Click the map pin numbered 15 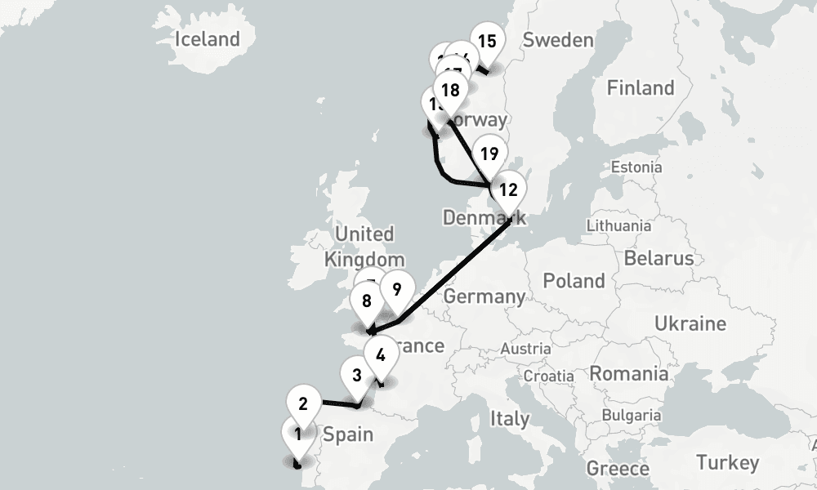pyautogui.click(x=487, y=42)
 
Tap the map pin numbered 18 pyautogui.click(x=449, y=90)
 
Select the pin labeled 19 pyautogui.click(x=489, y=154)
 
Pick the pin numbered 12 pyautogui.click(x=507, y=191)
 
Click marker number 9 pyautogui.click(x=396, y=290)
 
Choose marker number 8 pyautogui.click(x=367, y=301)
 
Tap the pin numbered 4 pyautogui.click(x=380, y=354)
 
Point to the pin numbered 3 pyautogui.click(x=357, y=376)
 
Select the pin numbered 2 pyautogui.click(x=303, y=403)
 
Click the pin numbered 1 pyautogui.click(x=298, y=434)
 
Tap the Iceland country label pyautogui.click(x=208, y=38)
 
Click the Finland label pyautogui.click(x=641, y=87)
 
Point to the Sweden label pyautogui.click(x=557, y=40)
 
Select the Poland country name pyautogui.click(x=574, y=281)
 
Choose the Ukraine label pyautogui.click(x=690, y=323)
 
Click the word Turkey pyautogui.click(x=727, y=463)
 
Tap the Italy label pyautogui.click(x=509, y=418)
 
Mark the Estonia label pyautogui.click(x=636, y=167)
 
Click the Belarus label pyautogui.click(x=658, y=258)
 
